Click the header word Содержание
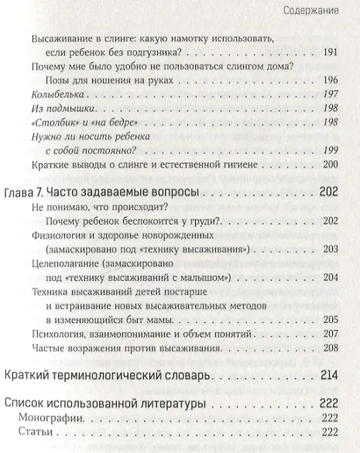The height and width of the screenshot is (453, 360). click(x=319, y=11)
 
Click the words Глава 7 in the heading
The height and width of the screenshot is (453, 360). click(x=25, y=215)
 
